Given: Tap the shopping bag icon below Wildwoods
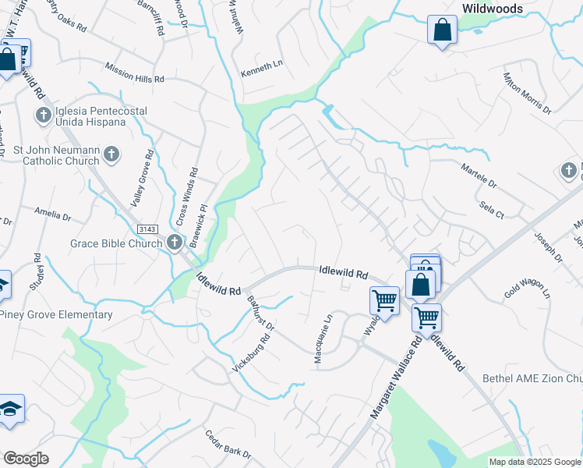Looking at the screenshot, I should point(442,31).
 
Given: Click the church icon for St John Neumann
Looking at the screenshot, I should point(111,154).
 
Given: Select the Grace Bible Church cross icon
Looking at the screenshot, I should point(173,243).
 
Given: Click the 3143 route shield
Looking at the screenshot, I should point(146,229).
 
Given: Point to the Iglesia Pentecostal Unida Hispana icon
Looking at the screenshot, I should point(42,116).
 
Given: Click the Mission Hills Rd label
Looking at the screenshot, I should point(134,73).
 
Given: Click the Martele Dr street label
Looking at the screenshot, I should point(479,176).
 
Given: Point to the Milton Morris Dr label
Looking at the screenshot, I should point(527,94).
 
